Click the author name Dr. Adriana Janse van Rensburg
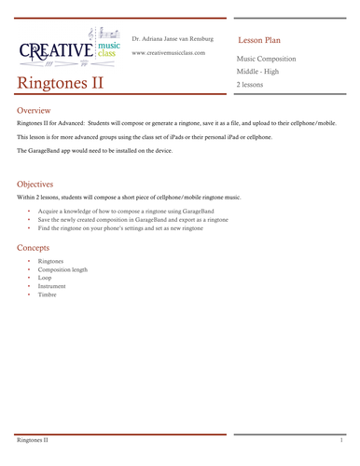coord(173,39)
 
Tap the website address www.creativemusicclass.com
coord(168,53)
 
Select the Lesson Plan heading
coord(259,41)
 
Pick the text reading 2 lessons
coord(251,85)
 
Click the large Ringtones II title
coord(60,83)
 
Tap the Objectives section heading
coord(38,184)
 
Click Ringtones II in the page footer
coord(32,438)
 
